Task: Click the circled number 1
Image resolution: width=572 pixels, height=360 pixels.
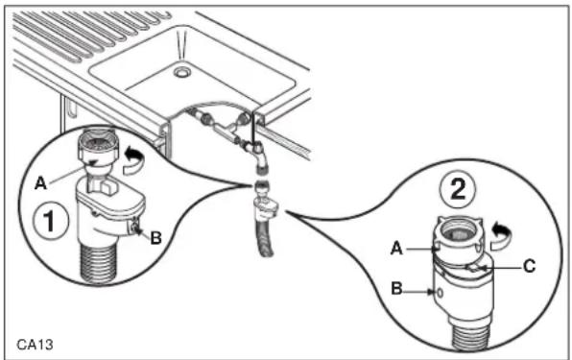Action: click(x=50, y=220)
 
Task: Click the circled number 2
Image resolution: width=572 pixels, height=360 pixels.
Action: click(x=458, y=189)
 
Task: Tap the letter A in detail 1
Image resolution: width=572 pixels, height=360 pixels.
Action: click(x=40, y=183)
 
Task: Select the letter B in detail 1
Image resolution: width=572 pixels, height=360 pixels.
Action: click(x=156, y=238)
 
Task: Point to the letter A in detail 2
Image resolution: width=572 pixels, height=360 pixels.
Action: click(x=396, y=249)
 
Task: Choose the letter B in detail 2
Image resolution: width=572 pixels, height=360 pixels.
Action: click(x=397, y=289)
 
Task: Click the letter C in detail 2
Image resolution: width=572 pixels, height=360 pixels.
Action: click(x=530, y=266)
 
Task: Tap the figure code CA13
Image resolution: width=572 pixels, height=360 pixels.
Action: click(x=35, y=345)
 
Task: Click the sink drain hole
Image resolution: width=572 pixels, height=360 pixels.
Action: click(x=181, y=72)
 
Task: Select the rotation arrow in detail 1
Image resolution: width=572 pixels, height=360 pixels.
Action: click(x=133, y=159)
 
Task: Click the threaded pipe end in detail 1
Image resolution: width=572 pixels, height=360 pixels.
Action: click(x=99, y=263)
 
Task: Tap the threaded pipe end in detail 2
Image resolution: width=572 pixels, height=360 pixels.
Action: click(x=471, y=333)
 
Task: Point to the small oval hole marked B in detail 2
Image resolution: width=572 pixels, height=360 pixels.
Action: click(x=441, y=293)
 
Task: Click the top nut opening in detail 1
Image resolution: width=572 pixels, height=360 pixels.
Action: click(x=98, y=141)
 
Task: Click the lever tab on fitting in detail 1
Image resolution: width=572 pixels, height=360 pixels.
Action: click(x=109, y=188)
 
